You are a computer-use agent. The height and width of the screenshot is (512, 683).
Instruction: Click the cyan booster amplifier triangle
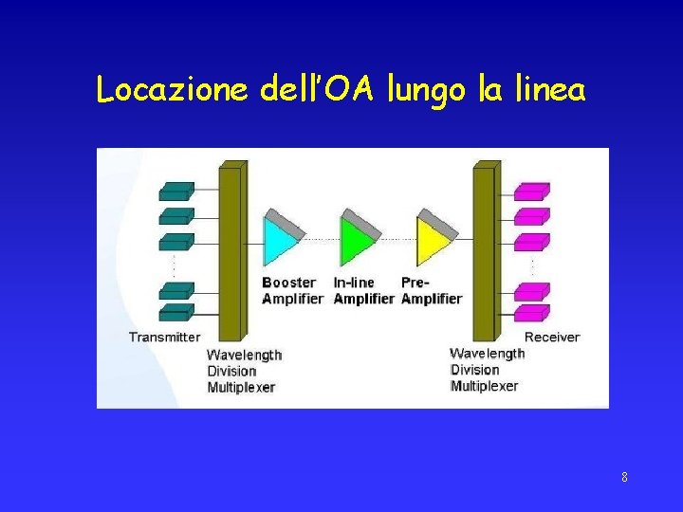click(x=280, y=241)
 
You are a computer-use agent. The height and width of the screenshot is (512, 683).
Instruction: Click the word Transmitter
click(x=164, y=337)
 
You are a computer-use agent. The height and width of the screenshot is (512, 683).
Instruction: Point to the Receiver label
click(x=552, y=337)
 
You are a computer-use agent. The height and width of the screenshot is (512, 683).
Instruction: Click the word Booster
click(x=288, y=283)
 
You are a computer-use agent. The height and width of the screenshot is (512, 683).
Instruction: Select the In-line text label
click(x=354, y=283)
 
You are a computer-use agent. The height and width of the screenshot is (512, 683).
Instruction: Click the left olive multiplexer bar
click(x=231, y=251)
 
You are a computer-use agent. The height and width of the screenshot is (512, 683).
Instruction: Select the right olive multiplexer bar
click(x=485, y=251)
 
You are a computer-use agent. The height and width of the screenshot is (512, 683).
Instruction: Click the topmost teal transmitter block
click(x=177, y=191)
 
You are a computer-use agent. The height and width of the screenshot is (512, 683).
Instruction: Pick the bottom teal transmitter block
click(x=177, y=312)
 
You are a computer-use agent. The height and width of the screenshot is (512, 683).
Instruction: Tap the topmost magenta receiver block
click(x=531, y=191)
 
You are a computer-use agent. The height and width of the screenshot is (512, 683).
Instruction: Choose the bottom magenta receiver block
click(x=531, y=312)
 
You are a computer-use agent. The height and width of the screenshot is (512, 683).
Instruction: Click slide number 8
click(x=624, y=476)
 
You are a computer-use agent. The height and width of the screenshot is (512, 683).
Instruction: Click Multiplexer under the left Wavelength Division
click(x=241, y=387)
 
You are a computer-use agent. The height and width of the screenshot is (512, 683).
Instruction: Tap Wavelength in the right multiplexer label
click(x=487, y=354)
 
